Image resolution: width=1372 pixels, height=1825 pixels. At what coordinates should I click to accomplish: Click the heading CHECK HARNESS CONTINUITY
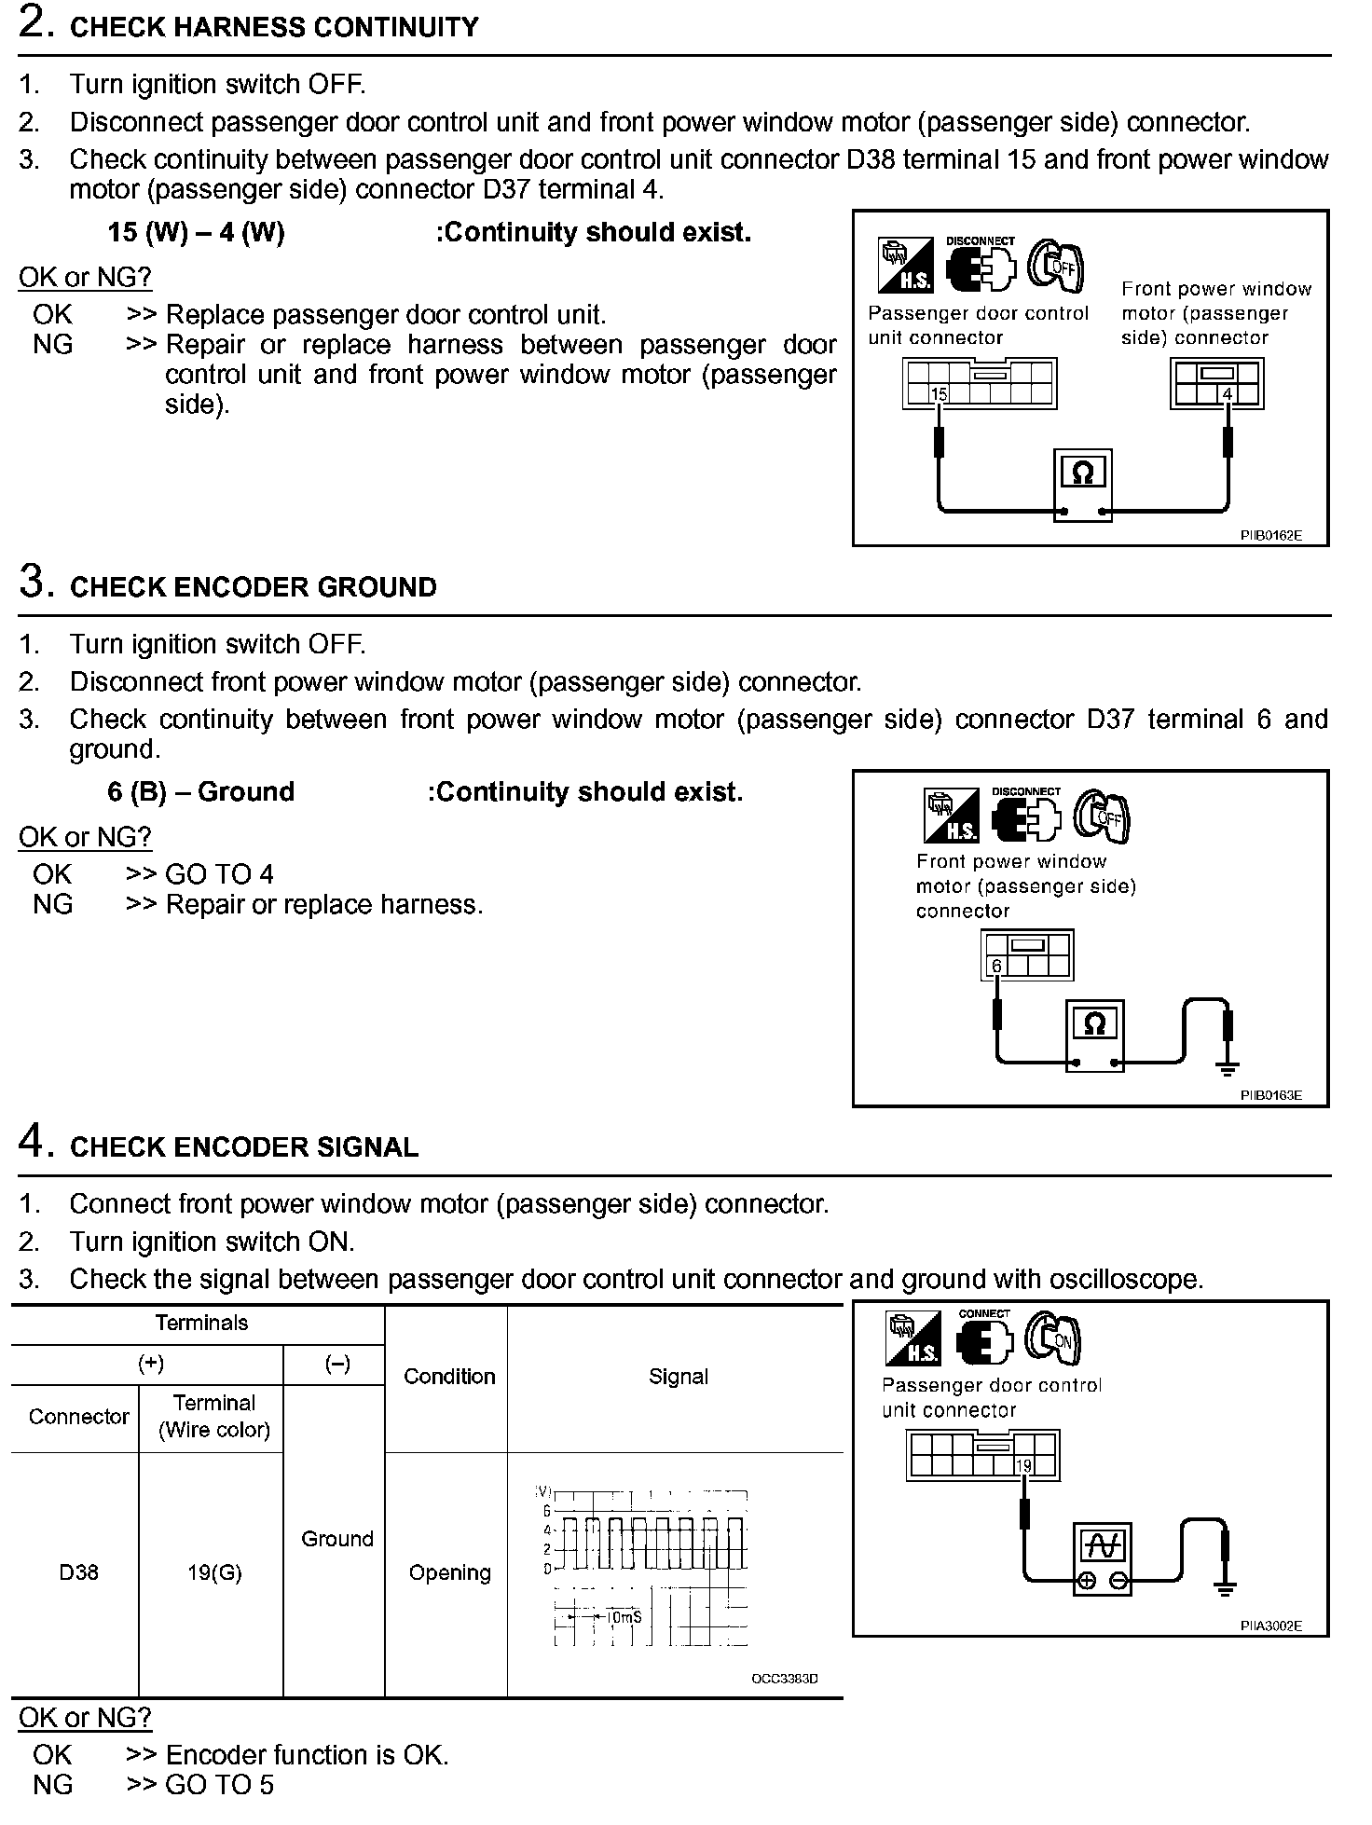tap(274, 27)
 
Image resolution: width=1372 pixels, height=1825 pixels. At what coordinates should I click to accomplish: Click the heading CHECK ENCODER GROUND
tap(254, 587)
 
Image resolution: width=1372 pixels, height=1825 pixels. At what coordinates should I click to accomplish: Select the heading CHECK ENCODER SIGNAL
tap(244, 1147)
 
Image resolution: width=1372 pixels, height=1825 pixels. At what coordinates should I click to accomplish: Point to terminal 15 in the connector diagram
tap(939, 394)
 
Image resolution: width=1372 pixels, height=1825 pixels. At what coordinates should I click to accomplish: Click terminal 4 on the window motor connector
tap(1228, 394)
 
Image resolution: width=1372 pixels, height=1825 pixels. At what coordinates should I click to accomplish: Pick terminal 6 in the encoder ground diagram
tap(996, 967)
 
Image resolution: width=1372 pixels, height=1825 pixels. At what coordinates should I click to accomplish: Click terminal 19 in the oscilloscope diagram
tap(1023, 1466)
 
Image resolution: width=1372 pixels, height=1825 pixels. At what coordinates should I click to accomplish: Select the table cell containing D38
tap(78, 1573)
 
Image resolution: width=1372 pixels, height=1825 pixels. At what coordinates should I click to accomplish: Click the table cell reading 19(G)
tap(214, 1573)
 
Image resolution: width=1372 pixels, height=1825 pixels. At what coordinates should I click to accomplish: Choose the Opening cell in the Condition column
tap(449, 1573)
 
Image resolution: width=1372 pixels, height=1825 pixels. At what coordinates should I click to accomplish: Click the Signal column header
tap(678, 1377)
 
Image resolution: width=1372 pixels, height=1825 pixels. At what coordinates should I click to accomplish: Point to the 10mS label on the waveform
tap(623, 1616)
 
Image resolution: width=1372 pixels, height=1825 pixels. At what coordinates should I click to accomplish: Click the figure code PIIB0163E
tap(1270, 1095)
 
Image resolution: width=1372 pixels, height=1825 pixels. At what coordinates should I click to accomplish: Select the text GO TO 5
tap(219, 1785)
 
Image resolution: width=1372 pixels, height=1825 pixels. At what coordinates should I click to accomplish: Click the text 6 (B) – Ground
tap(200, 792)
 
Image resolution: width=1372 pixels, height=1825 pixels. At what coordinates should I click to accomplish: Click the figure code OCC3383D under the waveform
tap(784, 1679)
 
